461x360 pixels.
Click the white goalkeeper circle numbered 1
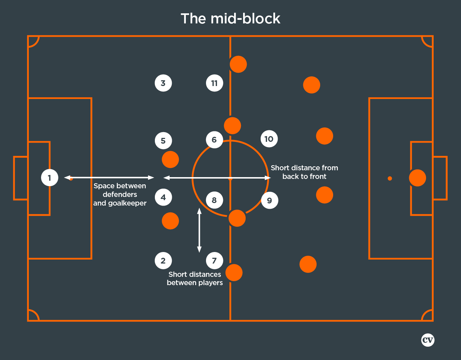pos(50,177)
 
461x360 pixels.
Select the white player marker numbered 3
pos(163,83)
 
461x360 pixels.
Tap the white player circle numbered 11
pos(214,83)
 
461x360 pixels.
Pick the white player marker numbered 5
pos(163,140)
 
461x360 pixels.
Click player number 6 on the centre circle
pos(214,139)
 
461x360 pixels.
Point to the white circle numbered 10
pos(269,139)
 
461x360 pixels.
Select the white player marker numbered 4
pos(163,197)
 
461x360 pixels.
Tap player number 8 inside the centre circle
pos(214,200)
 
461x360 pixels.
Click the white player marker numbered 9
pos(269,200)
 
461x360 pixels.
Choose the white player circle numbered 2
pos(163,261)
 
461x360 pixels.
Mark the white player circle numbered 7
pos(214,261)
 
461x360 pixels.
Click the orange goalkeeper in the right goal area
pos(417,178)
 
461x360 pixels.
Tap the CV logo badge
pos(428,340)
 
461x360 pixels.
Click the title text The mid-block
pos(230,19)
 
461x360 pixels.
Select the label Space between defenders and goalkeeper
pos(120,194)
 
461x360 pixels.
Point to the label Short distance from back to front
pos(304,172)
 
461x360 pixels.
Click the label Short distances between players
pos(195,279)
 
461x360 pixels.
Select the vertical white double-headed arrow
pos(199,230)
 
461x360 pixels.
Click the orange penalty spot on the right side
pos(390,178)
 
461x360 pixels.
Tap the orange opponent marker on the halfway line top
pos(238,64)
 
